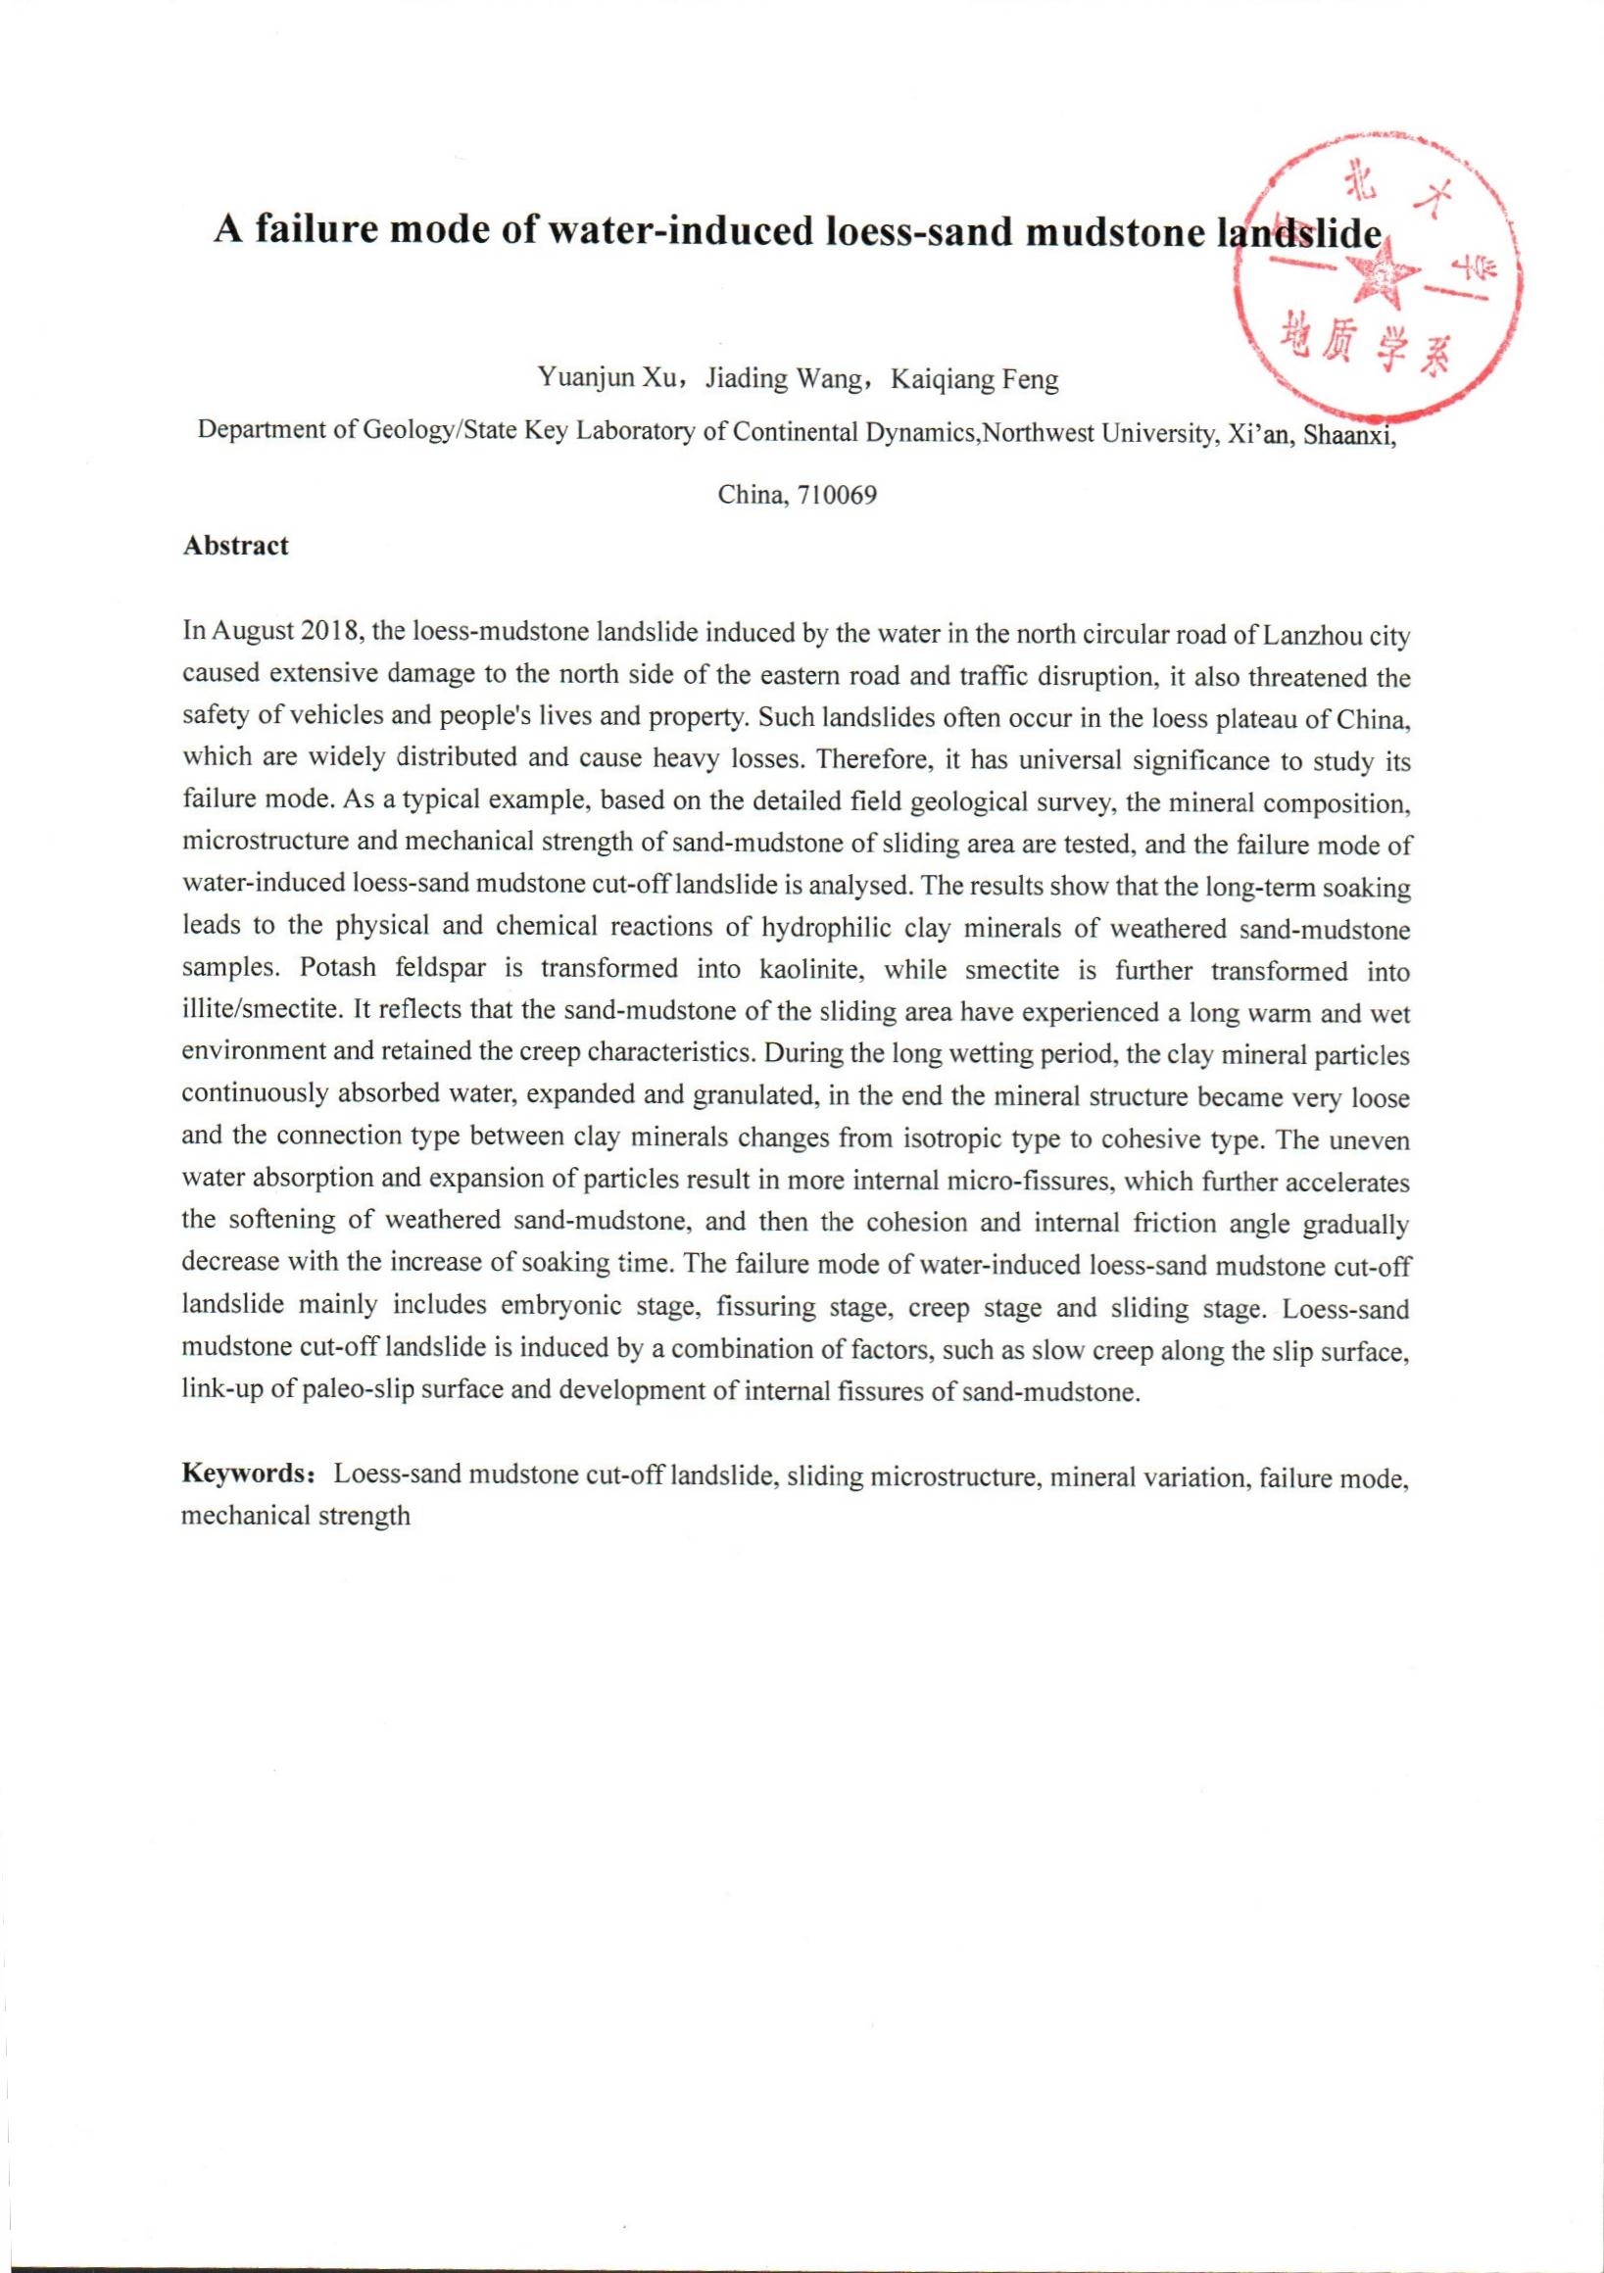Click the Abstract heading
click(235, 546)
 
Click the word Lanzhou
click(1309, 634)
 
